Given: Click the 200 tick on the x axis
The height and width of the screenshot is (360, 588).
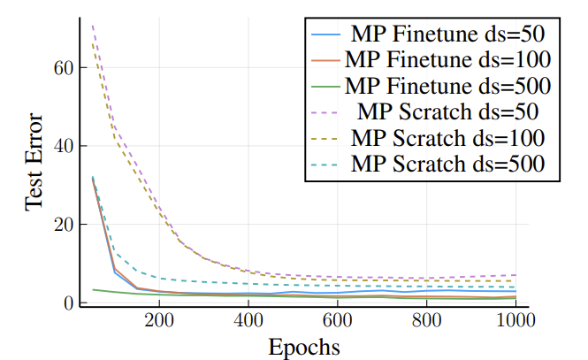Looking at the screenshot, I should point(159,321).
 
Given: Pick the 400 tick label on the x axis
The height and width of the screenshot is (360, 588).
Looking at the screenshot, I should point(248,321).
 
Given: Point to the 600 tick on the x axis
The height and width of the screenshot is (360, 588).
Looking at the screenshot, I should point(338,321).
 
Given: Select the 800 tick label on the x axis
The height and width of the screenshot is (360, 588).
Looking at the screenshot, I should point(427,321).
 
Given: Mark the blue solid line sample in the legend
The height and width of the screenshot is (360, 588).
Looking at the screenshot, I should point(327,35).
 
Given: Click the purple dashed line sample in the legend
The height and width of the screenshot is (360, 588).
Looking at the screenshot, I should point(327,112).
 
